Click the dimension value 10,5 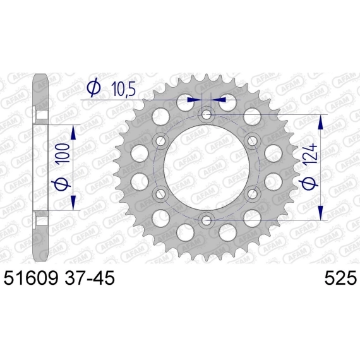tap(124, 88)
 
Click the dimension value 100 tap(64, 153)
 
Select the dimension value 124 tap(311, 155)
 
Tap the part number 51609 tap(30, 278)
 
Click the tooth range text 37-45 tap(89, 278)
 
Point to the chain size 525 tap(340, 278)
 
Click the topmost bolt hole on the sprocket tap(206, 114)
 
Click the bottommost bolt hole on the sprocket tap(206, 220)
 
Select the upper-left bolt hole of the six tap(160, 140)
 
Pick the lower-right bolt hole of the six tap(253, 194)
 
